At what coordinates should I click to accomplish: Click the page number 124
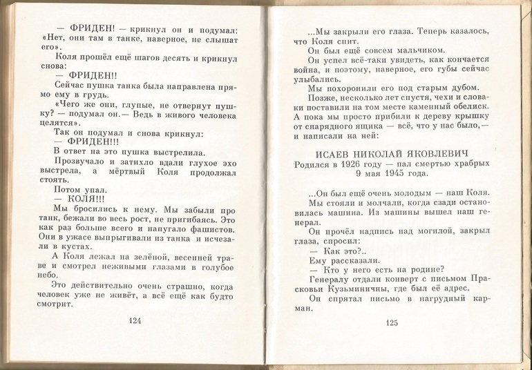click(135, 321)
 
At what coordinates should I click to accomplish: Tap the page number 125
click(393, 322)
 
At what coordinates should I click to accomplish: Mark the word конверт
click(395, 279)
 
